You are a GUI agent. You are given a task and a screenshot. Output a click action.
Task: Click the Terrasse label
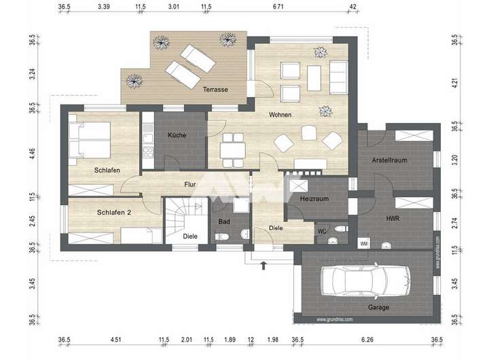[215, 90]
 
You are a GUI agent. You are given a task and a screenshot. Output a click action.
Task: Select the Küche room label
[177, 135]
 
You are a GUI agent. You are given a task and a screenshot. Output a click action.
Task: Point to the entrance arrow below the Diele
[264, 266]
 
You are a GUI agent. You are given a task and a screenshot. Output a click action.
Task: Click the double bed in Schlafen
[90, 139]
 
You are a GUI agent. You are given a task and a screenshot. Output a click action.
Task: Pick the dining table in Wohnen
[232, 150]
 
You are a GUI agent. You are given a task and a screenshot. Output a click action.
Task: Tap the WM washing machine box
[363, 244]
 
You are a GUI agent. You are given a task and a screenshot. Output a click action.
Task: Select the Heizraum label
[314, 199]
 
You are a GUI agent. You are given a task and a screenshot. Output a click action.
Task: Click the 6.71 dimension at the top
[278, 6]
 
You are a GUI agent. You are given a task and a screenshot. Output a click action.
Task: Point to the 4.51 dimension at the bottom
[115, 340]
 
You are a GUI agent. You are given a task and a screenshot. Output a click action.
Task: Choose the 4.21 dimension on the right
[455, 84]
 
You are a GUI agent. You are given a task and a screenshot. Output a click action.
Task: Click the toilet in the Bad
[221, 236]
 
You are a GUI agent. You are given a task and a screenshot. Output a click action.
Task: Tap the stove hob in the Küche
[148, 153]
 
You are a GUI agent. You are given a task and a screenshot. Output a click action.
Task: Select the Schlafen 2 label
[114, 213]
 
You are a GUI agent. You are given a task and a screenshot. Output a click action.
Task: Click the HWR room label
[393, 218]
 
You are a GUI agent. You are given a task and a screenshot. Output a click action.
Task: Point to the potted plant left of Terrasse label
[134, 82]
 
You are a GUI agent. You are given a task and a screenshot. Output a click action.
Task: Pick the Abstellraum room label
[390, 160]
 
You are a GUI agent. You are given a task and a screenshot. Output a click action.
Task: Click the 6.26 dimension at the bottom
[367, 340]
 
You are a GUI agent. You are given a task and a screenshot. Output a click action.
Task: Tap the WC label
[322, 232]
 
